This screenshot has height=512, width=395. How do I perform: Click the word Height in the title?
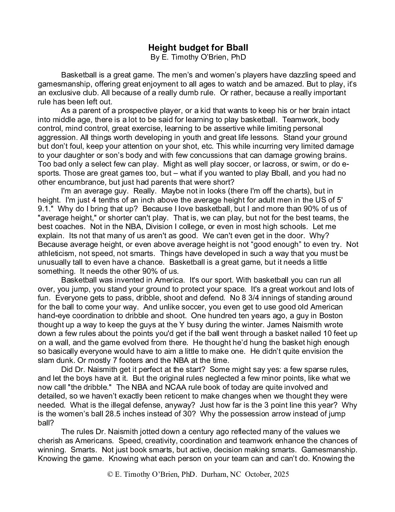160,48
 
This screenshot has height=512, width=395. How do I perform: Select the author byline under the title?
198,57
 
